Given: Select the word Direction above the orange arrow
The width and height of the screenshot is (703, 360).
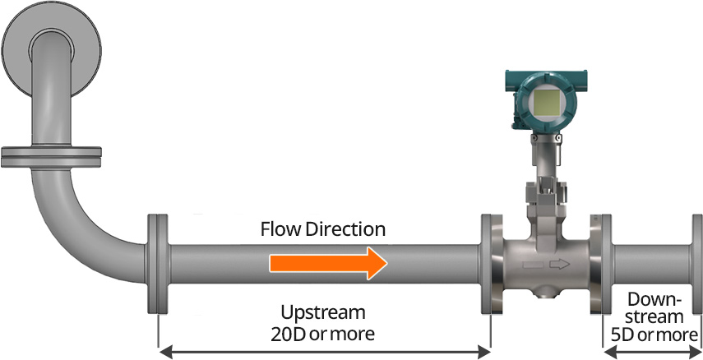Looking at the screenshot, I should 346,228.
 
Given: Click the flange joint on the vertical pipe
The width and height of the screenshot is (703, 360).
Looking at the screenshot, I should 52,154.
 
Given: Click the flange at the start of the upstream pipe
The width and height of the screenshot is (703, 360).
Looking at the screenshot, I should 157,263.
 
